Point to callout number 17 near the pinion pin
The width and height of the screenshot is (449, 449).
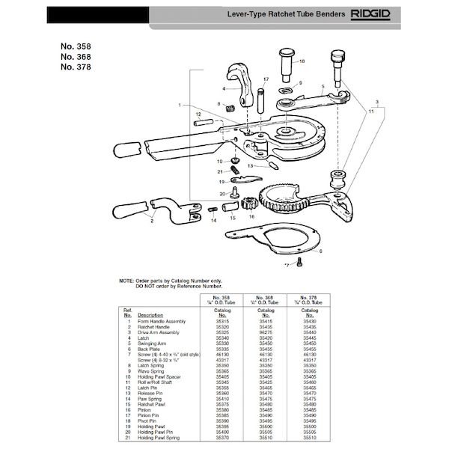[x=265, y=79]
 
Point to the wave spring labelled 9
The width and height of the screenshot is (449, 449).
[x=283, y=91]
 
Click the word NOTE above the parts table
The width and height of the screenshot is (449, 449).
[x=128, y=280]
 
